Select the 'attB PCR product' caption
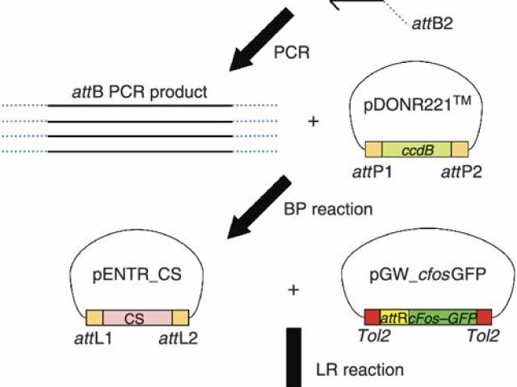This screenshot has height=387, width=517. pos(139,92)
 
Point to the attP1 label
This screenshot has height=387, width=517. pos(365,173)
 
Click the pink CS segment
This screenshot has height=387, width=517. pos(137,317)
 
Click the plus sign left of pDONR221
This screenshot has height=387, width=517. pos(313,122)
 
